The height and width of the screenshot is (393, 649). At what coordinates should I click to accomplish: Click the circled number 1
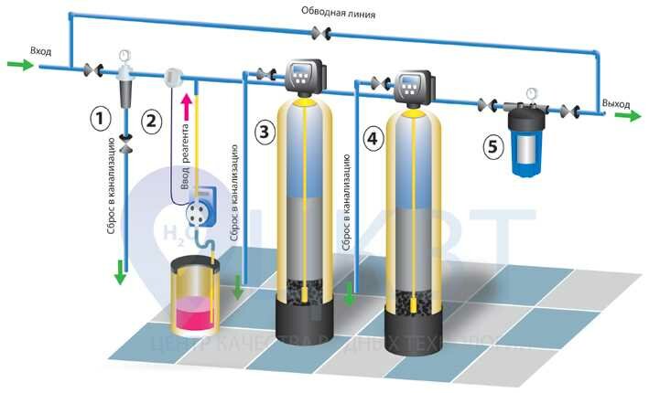[x=102, y=117]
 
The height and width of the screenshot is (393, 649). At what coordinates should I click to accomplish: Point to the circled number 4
[x=371, y=139]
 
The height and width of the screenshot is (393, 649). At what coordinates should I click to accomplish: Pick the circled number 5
[x=493, y=144]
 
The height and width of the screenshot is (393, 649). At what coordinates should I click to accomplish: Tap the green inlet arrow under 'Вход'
[x=20, y=64]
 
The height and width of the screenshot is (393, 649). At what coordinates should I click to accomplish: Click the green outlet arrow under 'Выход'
[x=627, y=116]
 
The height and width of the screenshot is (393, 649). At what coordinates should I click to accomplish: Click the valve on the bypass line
[x=323, y=33]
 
